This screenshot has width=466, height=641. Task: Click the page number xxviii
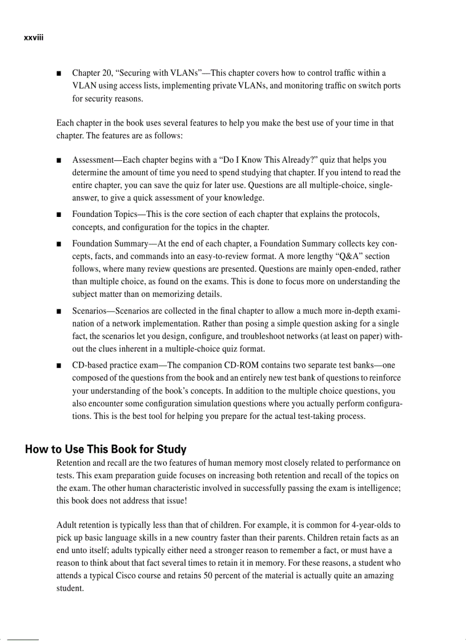tap(34, 38)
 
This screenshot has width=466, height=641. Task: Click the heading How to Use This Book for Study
tap(106, 449)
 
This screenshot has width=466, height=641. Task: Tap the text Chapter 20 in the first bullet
tap(91, 73)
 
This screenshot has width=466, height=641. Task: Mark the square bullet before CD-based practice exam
tap(59, 365)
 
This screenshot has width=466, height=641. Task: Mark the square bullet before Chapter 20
tap(59, 74)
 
